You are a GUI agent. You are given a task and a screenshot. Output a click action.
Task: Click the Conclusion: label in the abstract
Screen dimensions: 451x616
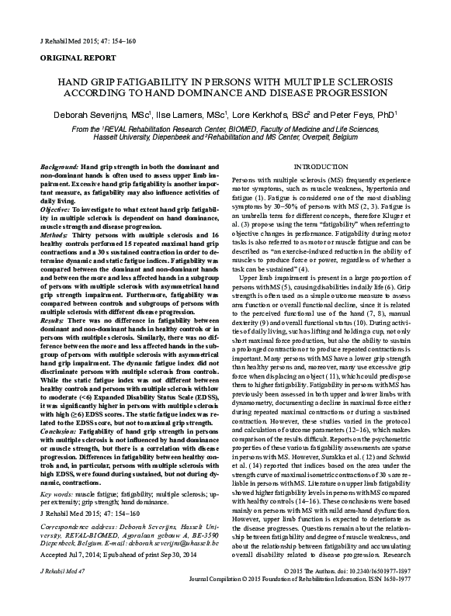point(59,428)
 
